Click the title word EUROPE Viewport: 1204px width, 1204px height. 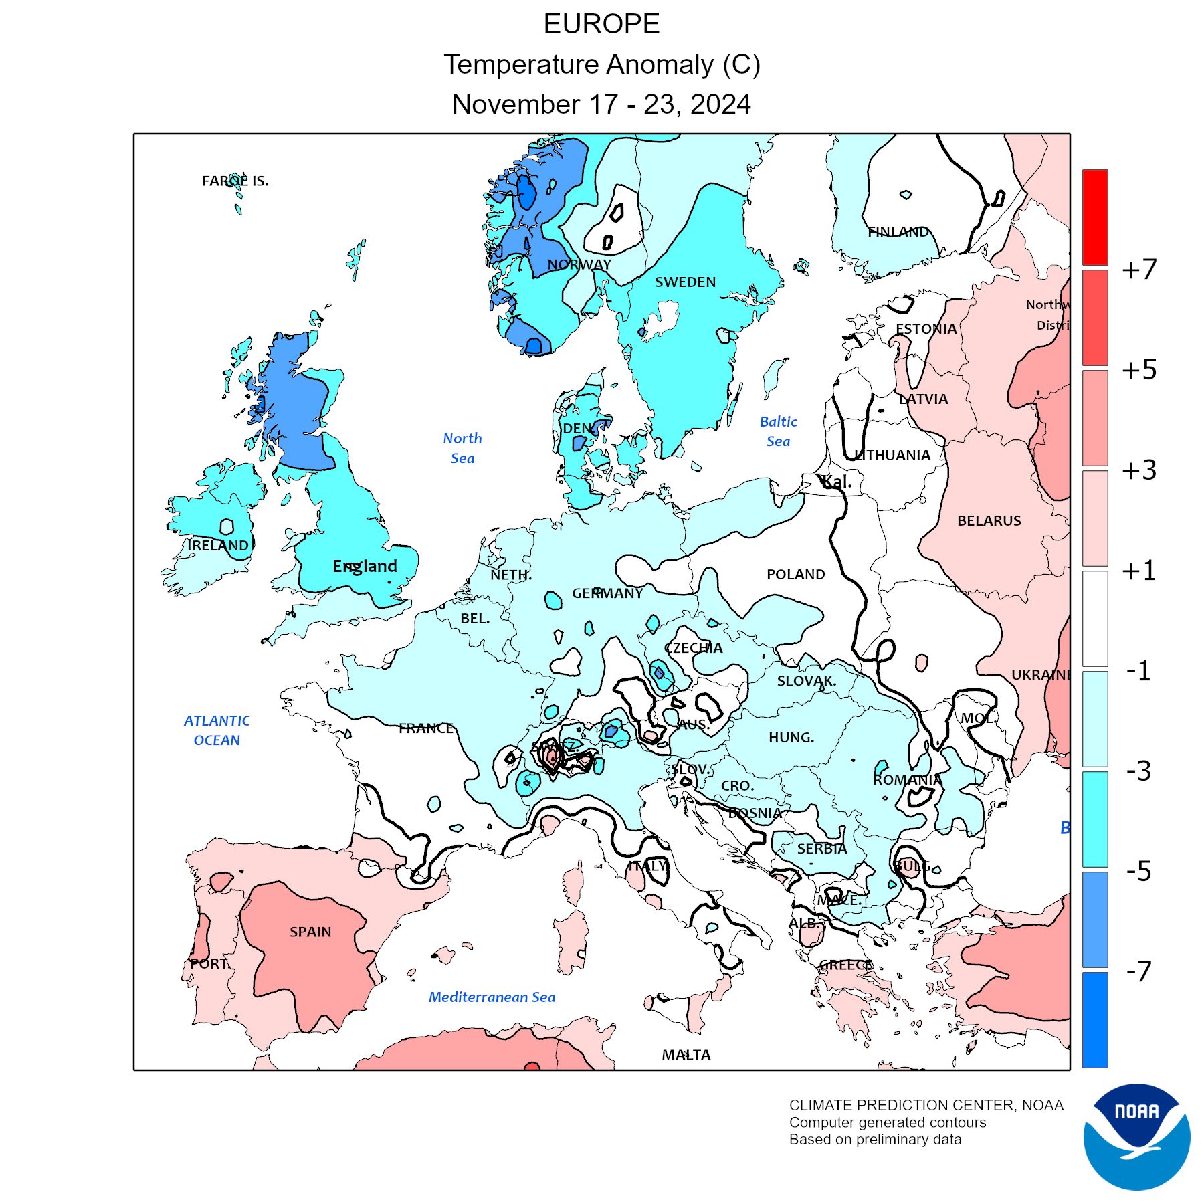click(601, 24)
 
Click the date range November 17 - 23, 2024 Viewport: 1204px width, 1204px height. click(601, 104)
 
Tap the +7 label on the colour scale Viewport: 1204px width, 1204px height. click(1139, 270)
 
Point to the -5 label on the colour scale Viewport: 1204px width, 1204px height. click(1139, 871)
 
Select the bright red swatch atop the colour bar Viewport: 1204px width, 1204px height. click(1095, 217)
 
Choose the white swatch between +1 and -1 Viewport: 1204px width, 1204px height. click(1095, 618)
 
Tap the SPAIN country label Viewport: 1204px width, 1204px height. click(310, 932)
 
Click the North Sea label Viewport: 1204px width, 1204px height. click(462, 448)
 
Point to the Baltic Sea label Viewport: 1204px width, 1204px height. click(779, 431)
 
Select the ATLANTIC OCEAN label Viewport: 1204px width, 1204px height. click(217, 730)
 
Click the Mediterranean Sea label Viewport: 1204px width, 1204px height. click(492, 997)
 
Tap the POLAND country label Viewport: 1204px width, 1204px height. click(795, 574)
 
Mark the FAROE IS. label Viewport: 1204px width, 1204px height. click(235, 181)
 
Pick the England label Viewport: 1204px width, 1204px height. click(365, 566)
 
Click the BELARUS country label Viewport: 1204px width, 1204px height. click(989, 520)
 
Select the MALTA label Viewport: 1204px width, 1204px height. click(686, 1055)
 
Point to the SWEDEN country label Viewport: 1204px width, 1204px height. click(686, 282)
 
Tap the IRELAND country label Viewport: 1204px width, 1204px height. click(218, 545)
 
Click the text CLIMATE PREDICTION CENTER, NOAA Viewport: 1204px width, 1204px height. click(926, 1105)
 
